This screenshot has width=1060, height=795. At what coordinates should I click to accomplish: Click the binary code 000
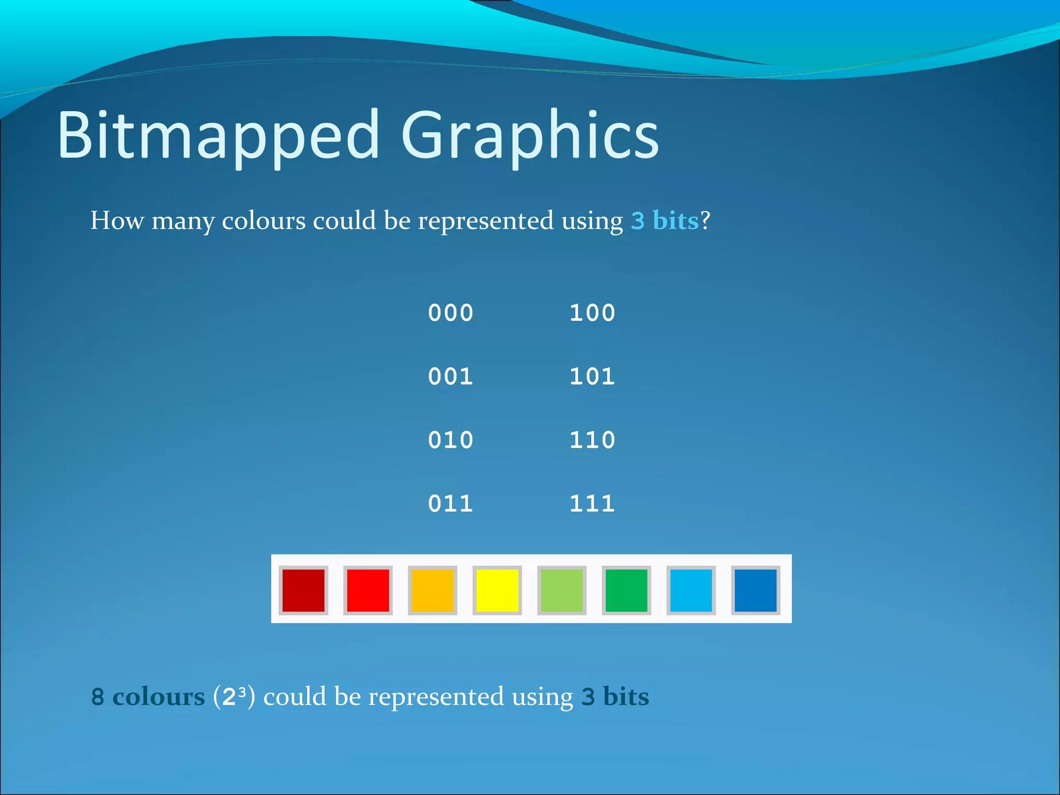(450, 313)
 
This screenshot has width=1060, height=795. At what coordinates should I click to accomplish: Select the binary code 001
(450, 376)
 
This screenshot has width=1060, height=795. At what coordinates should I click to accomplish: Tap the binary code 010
(450, 440)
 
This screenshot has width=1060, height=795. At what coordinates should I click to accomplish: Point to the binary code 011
(450, 504)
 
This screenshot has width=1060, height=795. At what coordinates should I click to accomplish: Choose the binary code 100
(592, 313)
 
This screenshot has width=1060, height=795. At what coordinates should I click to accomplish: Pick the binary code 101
(592, 376)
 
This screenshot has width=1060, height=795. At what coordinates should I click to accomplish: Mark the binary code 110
(592, 440)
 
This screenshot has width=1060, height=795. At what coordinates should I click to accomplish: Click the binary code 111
(592, 504)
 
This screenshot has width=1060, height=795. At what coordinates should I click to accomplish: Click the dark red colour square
(303, 590)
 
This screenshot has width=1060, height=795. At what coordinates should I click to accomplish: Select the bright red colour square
(368, 590)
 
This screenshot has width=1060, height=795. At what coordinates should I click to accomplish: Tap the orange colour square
(433, 590)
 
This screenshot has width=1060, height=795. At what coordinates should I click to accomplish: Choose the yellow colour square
(497, 590)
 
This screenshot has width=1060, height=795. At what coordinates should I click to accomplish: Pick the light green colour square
(562, 590)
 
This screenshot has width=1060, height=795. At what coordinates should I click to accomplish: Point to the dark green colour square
(626, 590)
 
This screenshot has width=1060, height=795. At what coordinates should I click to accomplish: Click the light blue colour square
(691, 590)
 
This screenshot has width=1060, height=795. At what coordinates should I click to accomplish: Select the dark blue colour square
(756, 590)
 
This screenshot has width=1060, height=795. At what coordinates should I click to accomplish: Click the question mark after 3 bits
(705, 220)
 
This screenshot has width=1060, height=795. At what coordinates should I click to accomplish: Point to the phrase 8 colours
(148, 697)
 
